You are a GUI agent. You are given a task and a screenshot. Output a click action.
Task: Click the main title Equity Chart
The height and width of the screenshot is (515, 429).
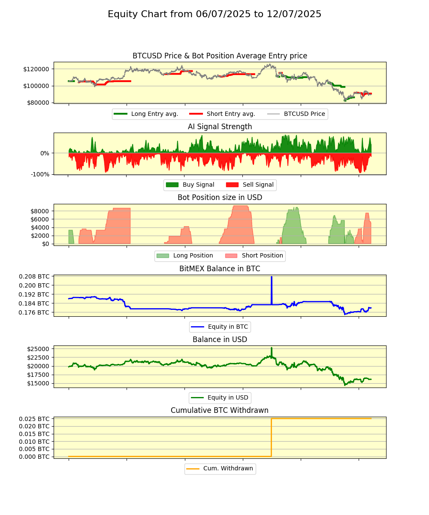tap(214, 14)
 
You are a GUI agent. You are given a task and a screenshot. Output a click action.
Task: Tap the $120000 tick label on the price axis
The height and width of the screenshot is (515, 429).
tap(36, 69)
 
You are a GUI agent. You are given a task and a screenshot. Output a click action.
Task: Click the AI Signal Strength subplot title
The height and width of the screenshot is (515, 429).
tap(220, 127)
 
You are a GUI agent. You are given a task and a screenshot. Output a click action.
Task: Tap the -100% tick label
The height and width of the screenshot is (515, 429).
tap(40, 174)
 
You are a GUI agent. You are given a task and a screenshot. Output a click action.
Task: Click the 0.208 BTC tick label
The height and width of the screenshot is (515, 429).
tap(34, 276)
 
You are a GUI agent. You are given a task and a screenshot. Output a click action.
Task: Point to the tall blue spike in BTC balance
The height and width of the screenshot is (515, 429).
tap(272, 285)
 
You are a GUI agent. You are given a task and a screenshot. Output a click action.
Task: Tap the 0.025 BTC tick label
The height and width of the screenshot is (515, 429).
tap(34, 418)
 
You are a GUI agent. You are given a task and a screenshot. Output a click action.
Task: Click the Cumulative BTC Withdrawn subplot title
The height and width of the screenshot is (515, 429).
tap(220, 410)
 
